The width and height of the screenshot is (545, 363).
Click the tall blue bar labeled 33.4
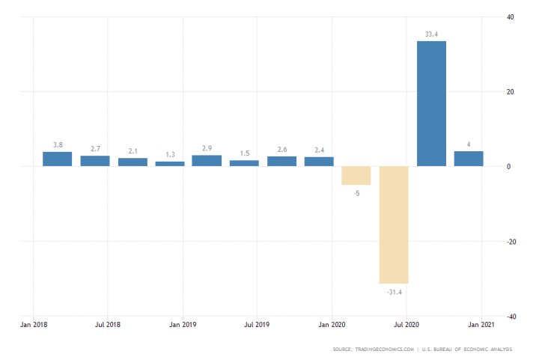pyautogui.click(x=431, y=103)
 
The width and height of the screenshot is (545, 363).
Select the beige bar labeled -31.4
pyautogui.click(x=394, y=225)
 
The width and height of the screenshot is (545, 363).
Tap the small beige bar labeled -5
pyautogui.click(x=356, y=175)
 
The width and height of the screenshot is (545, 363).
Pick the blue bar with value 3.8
pyautogui.click(x=57, y=159)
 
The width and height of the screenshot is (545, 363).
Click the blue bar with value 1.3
pyautogui.click(x=169, y=163)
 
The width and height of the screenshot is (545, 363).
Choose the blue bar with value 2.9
pyautogui.click(x=207, y=160)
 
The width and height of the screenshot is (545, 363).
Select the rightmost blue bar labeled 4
pyautogui.click(x=469, y=159)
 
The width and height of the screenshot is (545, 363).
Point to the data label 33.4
pyautogui.click(x=431, y=34)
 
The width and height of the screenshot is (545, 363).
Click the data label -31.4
pyautogui.click(x=394, y=291)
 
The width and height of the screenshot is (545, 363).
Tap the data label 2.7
pyautogui.click(x=94, y=149)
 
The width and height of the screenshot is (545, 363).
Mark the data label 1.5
pyautogui.click(x=244, y=153)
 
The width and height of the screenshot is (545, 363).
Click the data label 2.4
pyautogui.click(x=319, y=150)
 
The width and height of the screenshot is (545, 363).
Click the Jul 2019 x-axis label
pyautogui.click(x=257, y=326)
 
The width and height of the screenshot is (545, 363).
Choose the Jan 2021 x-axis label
pyautogui.click(x=480, y=326)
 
